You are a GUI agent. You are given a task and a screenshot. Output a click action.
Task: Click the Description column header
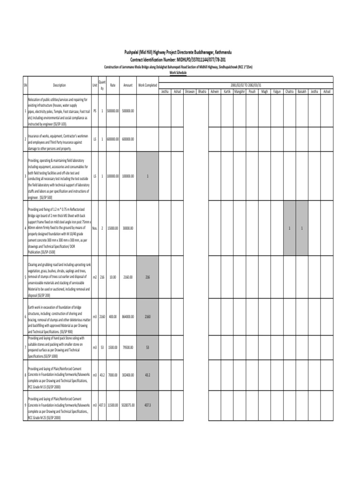pos(60,85)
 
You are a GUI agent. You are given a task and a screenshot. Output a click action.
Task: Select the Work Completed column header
pos(148,85)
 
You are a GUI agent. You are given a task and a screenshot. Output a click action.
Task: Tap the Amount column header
pos(128,85)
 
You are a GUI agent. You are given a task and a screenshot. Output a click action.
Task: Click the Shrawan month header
pos(189,91)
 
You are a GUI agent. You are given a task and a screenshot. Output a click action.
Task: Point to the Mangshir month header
pos(239,91)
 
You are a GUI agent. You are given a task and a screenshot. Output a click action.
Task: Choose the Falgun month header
pos(277,91)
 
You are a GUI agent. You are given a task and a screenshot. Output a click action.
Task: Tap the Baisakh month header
pos(302,91)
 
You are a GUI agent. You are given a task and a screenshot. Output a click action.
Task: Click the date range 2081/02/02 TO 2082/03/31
pos(246,84)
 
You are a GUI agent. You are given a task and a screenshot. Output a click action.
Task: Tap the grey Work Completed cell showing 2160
pos(148,317)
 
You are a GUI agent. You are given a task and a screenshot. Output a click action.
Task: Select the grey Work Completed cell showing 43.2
pos(148,375)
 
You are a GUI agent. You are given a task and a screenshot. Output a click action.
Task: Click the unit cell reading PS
pos(95,111)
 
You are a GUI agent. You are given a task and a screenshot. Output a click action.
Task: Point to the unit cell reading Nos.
pos(95,228)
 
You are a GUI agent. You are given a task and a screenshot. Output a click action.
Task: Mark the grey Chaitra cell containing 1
pos(290,228)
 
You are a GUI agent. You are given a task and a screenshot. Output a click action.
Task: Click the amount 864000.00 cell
pos(128,317)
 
